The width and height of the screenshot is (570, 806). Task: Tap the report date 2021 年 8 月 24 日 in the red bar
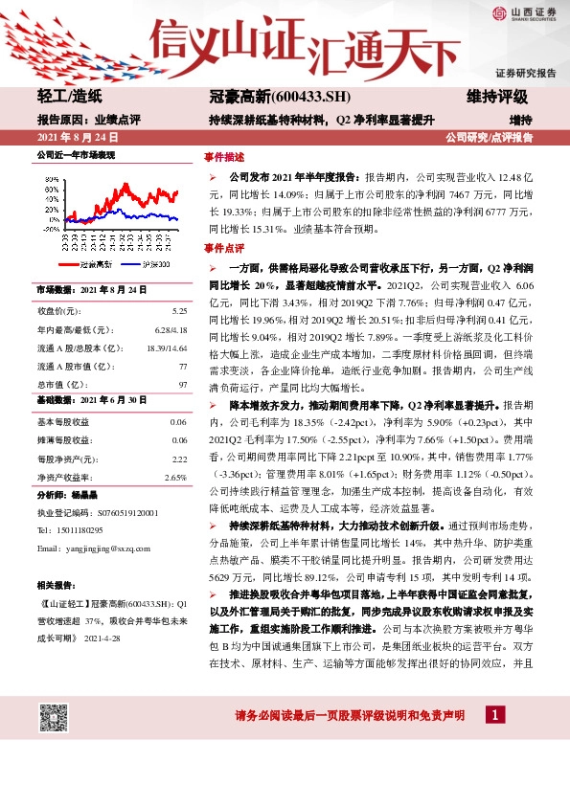point(73,138)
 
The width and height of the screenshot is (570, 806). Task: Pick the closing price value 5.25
point(179,311)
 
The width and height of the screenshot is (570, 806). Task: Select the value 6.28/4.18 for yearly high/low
point(171,328)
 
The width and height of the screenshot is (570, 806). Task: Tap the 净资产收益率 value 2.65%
point(175,477)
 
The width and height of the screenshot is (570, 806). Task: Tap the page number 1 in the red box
point(493,742)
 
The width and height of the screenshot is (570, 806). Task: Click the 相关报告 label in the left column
point(55,585)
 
